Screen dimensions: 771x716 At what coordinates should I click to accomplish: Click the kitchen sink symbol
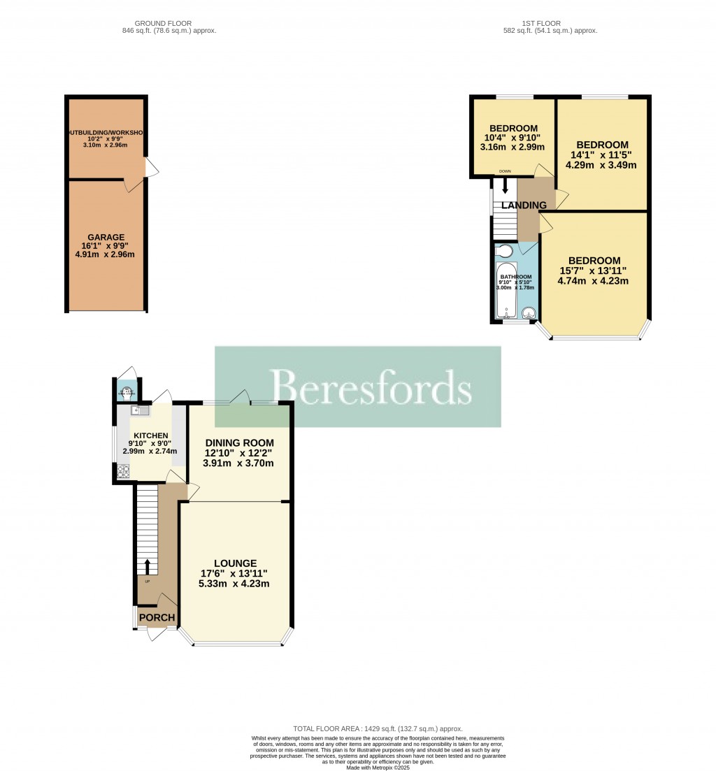tap(136, 411)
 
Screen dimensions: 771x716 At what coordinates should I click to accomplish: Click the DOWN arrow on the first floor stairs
tap(504, 185)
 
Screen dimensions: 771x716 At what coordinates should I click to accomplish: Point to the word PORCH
tap(157, 617)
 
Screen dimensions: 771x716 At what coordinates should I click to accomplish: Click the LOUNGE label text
tap(236, 563)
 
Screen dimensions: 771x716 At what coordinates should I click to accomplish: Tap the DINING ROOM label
tap(239, 442)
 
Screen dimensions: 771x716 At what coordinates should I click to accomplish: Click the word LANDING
tap(524, 206)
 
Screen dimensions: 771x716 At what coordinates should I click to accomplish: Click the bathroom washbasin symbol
tap(529, 312)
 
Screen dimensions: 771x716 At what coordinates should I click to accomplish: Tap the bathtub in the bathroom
tap(505, 290)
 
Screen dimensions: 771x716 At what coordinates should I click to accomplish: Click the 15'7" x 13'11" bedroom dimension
tap(593, 271)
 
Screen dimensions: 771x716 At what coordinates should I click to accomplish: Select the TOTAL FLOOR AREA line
tap(377, 729)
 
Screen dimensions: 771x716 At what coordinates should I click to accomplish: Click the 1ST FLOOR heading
tap(550, 23)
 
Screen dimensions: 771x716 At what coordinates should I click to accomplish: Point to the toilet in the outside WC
tap(127, 391)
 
